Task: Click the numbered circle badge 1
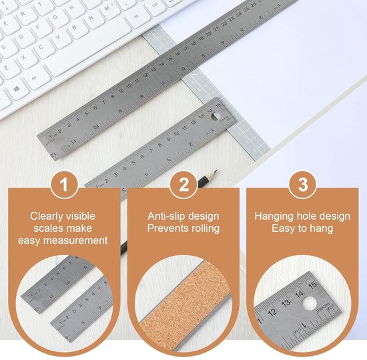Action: (64, 185)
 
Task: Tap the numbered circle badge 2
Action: (183, 185)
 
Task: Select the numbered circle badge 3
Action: (303, 185)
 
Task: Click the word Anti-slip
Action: (166, 216)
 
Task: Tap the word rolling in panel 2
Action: (206, 228)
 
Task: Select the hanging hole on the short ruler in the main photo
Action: (216, 116)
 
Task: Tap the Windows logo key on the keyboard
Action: (17, 89)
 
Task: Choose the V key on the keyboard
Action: (57, 37)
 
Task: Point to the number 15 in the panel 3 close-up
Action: (313, 285)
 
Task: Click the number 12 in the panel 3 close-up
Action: (273, 312)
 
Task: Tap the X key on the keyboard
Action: (23, 57)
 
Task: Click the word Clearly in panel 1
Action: (43, 216)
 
